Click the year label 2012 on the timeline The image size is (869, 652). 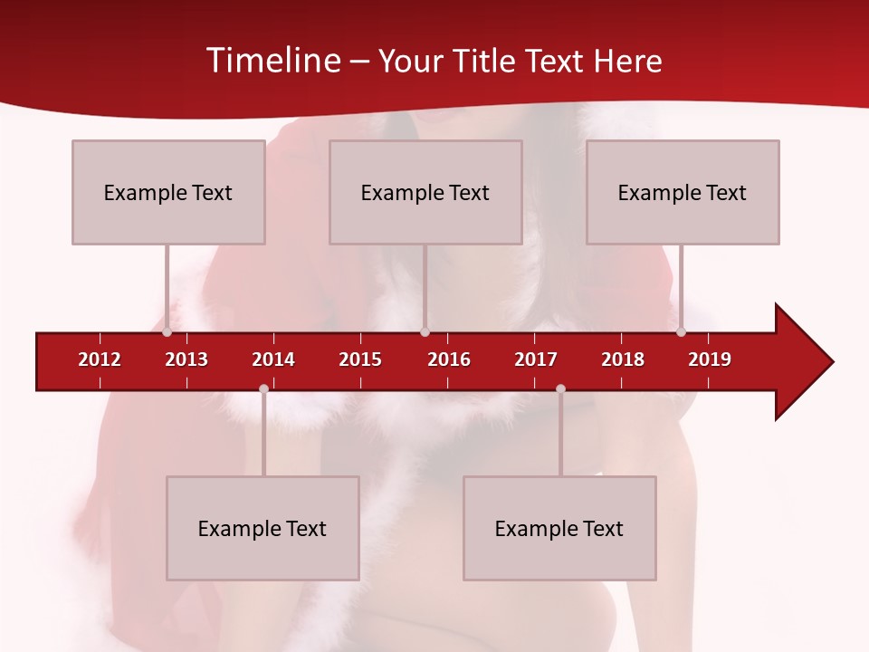point(100,360)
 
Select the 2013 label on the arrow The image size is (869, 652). point(186,360)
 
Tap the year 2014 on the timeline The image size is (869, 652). point(273,360)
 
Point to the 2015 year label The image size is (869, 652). point(360,360)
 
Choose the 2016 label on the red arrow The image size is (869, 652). point(449,360)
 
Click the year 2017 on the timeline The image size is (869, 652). point(536,360)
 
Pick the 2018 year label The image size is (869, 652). point(623,360)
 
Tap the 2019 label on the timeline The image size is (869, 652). point(710,360)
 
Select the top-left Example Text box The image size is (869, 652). point(168,192)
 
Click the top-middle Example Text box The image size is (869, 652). point(425,192)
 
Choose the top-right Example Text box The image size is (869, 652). point(683,192)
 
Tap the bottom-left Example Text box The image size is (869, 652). point(263,528)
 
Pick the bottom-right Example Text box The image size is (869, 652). point(559,528)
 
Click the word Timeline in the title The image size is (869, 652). point(272,61)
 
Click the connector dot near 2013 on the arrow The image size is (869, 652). point(167,331)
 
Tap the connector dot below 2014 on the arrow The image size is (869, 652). point(263,388)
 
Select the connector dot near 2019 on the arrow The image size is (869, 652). point(682,331)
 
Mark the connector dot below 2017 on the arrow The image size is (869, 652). point(560,388)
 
